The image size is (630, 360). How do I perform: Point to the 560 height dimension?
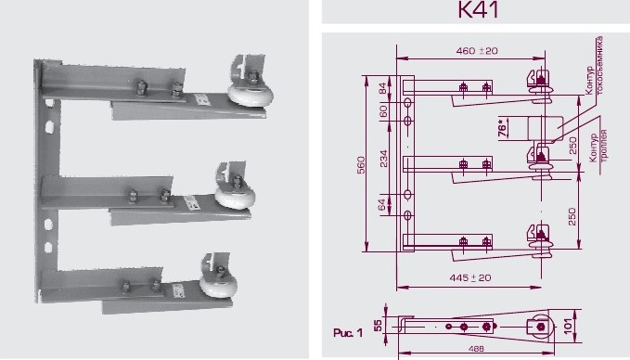(x=364, y=164)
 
